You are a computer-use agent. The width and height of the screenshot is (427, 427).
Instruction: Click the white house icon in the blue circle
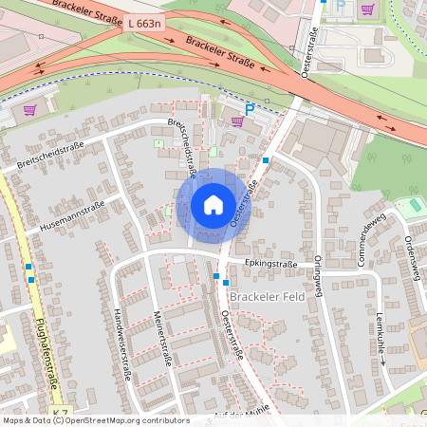213,204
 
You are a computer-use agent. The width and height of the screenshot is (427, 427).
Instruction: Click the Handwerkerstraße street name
120,347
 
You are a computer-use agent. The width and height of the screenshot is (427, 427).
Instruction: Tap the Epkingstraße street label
270,264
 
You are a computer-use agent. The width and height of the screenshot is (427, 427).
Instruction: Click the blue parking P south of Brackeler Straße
251,110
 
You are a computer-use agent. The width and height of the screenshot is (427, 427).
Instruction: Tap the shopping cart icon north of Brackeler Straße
366,10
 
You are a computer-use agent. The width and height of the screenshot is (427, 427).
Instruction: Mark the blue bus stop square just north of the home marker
267,160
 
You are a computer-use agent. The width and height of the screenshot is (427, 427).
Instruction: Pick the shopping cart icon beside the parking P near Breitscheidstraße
236,121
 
